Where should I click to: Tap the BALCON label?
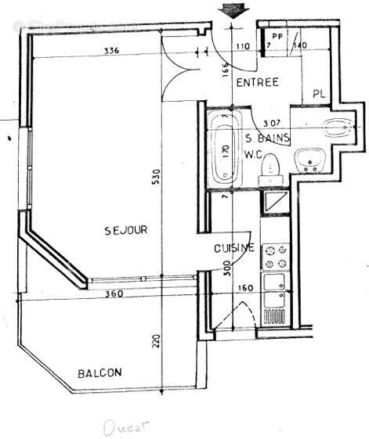click(99, 373)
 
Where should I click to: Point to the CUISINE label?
click(234, 249)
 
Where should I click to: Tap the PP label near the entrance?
click(277, 36)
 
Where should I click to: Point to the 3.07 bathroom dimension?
click(272, 124)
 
